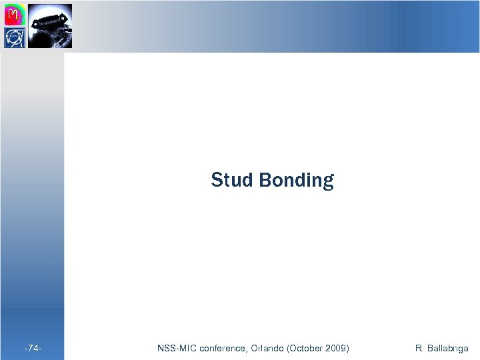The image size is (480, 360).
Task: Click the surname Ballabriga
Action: pyautogui.click(x=448, y=348)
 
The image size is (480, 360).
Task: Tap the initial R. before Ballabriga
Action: pyautogui.click(x=419, y=348)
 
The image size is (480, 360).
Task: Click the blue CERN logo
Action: pyautogui.click(x=15, y=37)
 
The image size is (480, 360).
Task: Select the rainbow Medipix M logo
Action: pyautogui.click(x=15, y=14)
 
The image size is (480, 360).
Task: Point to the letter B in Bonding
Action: pyautogui.click(x=264, y=180)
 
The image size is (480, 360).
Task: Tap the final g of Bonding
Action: pyautogui.click(x=327, y=182)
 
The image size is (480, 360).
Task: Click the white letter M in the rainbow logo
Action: pyautogui.click(x=14, y=13)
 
